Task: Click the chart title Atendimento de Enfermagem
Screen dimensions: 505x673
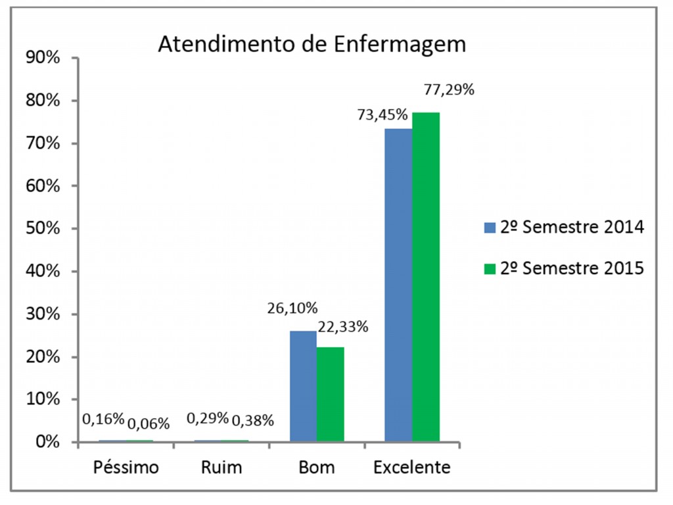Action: click(x=312, y=44)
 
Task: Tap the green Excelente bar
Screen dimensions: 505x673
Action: click(x=426, y=277)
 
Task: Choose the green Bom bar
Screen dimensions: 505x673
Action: click(x=331, y=394)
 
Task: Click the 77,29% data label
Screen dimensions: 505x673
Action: click(x=448, y=89)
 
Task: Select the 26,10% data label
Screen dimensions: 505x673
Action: click(x=292, y=307)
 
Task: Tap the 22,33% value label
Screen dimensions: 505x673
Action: click(x=342, y=325)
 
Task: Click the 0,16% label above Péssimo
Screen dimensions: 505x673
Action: click(x=103, y=418)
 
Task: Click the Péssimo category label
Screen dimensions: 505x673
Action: click(x=126, y=468)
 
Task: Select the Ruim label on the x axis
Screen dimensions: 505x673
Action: click(x=221, y=468)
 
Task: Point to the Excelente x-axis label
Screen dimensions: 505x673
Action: click(x=412, y=468)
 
